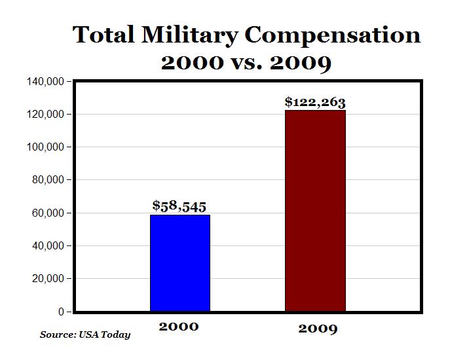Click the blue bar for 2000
[x=180, y=263]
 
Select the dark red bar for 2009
[x=315, y=211]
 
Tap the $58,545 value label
[x=179, y=206]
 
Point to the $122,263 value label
[x=315, y=101]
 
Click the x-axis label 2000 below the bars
[x=178, y=326]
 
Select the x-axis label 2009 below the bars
[x=318, y=328]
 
